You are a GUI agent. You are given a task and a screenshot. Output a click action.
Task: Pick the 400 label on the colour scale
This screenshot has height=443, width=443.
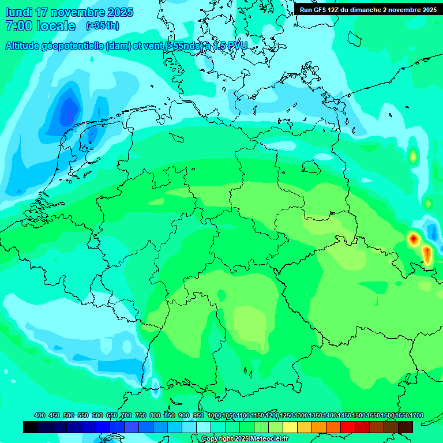coord(40,416)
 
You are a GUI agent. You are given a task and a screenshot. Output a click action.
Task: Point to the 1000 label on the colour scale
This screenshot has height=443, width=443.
coord(215,416)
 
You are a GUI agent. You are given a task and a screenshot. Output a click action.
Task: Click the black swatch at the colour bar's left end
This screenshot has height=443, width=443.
coord(31,427)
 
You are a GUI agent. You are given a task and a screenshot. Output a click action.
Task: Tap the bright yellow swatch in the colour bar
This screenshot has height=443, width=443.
coord(290,427)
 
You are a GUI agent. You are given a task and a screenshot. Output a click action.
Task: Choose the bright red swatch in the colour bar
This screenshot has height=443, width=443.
coord(348,427)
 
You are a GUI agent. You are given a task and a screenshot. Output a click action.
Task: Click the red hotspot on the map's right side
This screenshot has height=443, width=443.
coord(413,238)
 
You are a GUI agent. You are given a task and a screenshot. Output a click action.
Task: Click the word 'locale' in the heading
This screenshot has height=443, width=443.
coord(55,26)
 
